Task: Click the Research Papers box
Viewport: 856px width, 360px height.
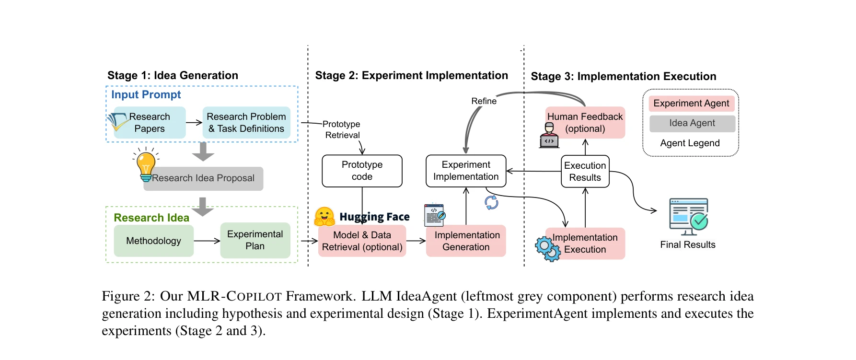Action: pos(150,123)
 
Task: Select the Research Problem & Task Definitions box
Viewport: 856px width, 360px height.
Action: pos(246,123)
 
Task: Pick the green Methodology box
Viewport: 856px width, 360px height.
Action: pos(153,241)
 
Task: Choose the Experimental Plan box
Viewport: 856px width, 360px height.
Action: pos(255,240)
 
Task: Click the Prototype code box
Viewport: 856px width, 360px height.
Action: pos(362,171)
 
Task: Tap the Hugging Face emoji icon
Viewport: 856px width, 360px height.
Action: pos(324,217)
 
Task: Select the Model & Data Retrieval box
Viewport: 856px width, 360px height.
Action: pos(362,241)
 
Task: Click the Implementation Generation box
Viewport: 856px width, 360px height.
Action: pos(466,241)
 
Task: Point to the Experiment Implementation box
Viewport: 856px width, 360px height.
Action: pos(466,171)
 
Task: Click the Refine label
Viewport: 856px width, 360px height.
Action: pos(484,101)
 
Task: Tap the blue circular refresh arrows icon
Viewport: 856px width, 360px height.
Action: pos(491,203)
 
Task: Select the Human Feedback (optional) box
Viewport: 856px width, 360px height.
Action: pos(585,123)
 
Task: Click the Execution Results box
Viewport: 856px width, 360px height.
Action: pos(585,172)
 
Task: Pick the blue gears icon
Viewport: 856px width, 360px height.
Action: pos(547,249)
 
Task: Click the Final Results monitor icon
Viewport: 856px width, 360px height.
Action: pos(689,216)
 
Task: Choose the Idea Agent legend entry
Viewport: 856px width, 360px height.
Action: pos(692,124)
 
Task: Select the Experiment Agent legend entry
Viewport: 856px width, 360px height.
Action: pos(691,104)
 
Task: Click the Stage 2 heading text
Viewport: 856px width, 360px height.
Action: pos(411,76)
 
